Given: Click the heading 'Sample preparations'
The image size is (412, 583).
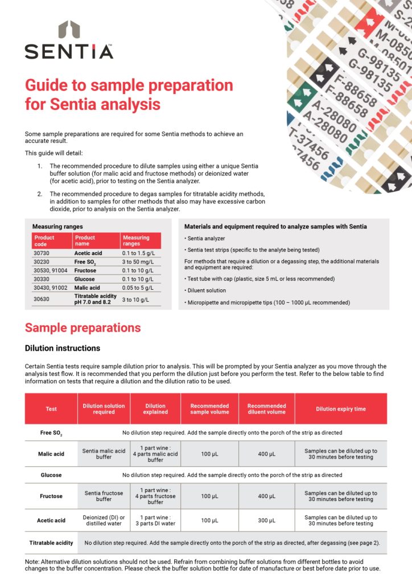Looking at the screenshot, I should tap(83, 328).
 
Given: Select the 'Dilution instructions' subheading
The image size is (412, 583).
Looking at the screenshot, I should tap(63, 348).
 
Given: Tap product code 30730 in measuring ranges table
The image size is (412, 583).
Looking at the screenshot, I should tap(43, 252).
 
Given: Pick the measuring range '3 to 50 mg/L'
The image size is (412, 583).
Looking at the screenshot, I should tap(139, 261).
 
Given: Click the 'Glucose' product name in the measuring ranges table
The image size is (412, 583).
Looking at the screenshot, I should tap(86, 280).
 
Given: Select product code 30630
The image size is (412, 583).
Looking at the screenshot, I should tap(43, 299).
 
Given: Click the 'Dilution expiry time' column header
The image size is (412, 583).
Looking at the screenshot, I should tap(340, 409).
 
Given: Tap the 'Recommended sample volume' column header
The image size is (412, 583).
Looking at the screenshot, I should tap(209, 409).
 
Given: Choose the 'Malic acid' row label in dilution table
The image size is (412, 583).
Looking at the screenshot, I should tap(51, 454).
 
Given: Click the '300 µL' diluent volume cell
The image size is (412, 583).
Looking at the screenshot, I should tap(266, 520).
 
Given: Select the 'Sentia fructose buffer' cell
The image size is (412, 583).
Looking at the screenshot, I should tap(104, 496).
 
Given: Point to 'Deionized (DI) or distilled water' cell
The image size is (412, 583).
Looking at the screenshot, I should tap(104, 520).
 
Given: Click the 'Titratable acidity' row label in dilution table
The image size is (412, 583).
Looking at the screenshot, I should tap(51, 543).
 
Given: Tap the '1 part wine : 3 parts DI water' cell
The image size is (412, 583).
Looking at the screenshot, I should tap(155, 520).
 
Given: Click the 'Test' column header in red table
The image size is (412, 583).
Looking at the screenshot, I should tap(51, 409).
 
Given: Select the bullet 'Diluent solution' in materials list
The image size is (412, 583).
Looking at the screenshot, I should tap(206, 290).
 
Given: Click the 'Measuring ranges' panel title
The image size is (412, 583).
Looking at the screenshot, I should tap(57, 227).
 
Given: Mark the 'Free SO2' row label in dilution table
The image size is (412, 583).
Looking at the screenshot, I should tap(51, 433).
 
